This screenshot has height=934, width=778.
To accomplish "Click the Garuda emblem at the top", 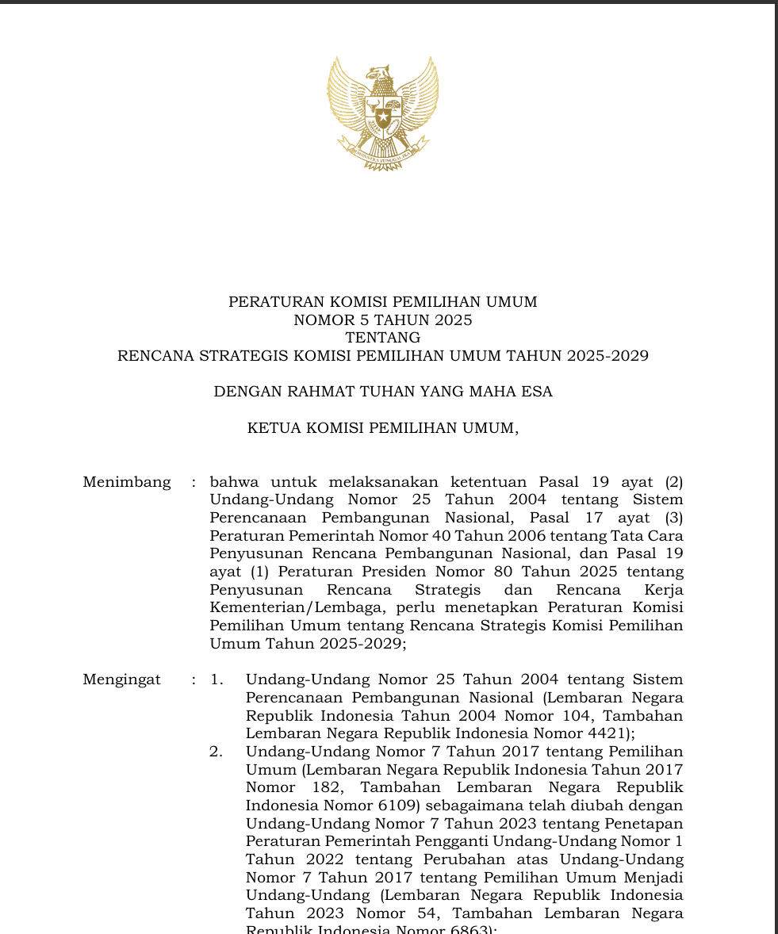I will pyautogui.click(x=383, y=113).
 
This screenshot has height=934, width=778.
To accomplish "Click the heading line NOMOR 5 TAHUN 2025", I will pyautogui.click(x=383, y=320).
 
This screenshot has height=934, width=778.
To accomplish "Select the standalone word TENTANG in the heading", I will pyautogui.click(x=383, y=339).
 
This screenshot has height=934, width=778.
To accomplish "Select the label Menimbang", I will pyautogui.click(x=127, y=482).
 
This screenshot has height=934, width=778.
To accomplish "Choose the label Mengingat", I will pyautogui.click(x=122, y=679).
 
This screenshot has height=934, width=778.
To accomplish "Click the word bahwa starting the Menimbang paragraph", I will pyautogui.click(x=232, y=482).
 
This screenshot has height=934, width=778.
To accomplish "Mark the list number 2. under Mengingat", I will pyautogui.click(x=217, y=752).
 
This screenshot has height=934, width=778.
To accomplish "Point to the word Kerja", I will pyautogui.click(x=665, y=590).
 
